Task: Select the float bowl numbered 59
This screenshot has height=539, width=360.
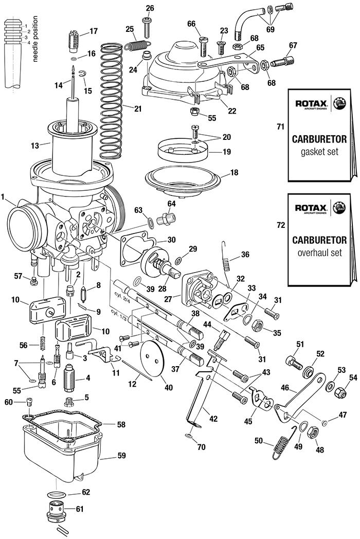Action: click(62, 453)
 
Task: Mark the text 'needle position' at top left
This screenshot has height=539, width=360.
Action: click(35, 39)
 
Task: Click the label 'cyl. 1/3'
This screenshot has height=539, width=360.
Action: click(119, 313)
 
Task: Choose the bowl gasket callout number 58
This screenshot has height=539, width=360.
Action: click(121, 425)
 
